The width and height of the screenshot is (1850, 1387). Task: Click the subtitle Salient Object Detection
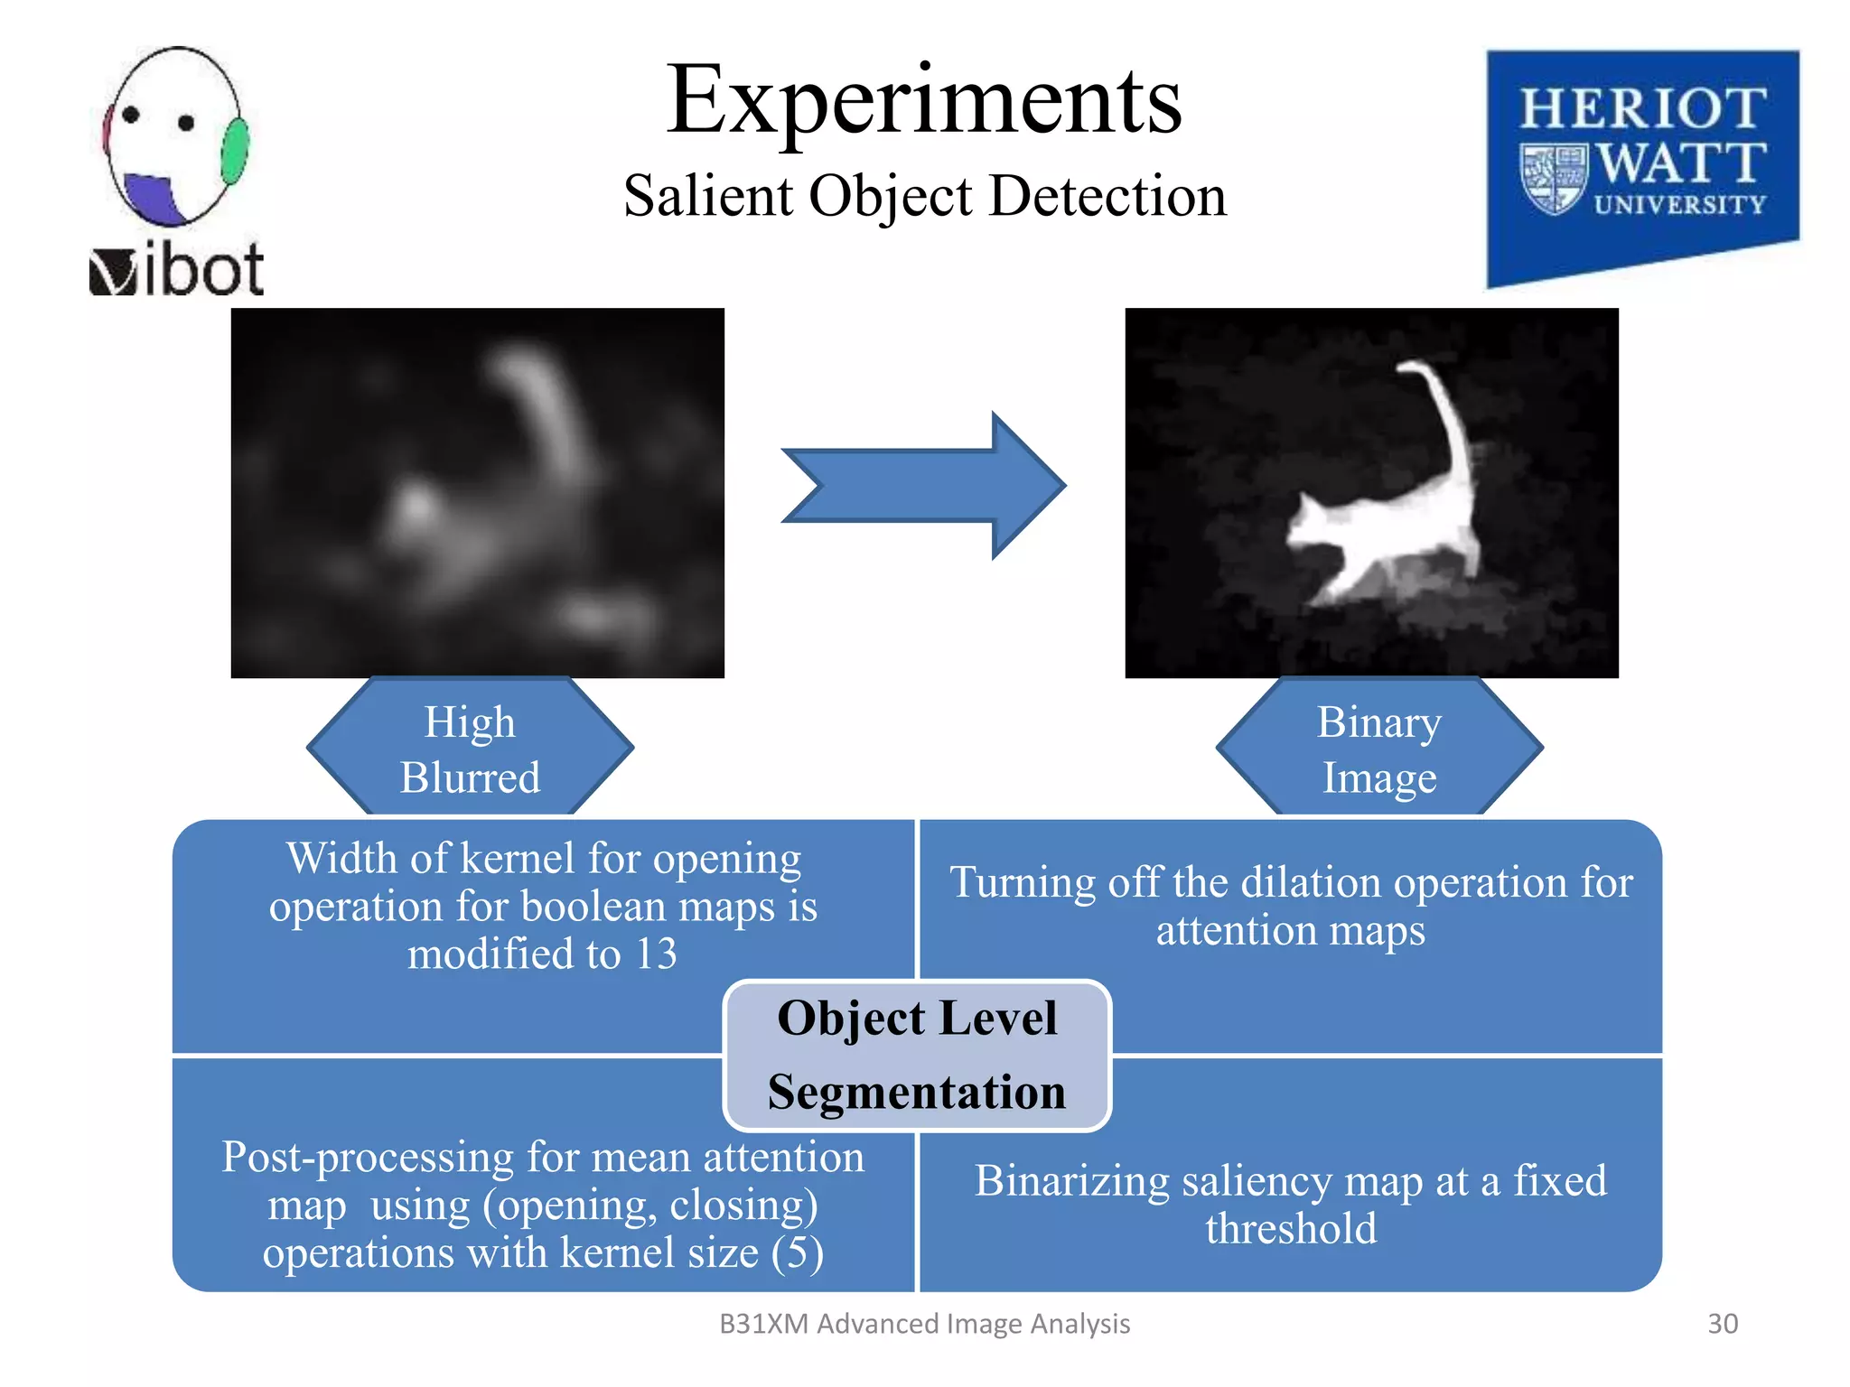(924, 195)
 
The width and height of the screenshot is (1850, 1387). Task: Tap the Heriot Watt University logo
(1642, 167)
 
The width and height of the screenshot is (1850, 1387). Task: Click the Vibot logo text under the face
(178, 269)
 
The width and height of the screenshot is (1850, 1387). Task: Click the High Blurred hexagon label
(470, 749)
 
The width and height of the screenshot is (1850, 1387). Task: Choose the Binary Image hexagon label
(1378, 749)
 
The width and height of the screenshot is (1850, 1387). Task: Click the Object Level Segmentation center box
(917, 1055)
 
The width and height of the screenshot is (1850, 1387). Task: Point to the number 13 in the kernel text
(656, 954)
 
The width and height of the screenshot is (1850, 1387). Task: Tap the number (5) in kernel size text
(797, 1252)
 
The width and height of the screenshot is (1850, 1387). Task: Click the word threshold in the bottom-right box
(1291, 1228)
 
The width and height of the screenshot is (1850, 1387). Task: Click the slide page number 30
(1722, 1323)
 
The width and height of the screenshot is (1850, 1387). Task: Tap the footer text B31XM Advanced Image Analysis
(924, 1323)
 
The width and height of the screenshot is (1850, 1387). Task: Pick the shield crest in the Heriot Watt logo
(1553, 178)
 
